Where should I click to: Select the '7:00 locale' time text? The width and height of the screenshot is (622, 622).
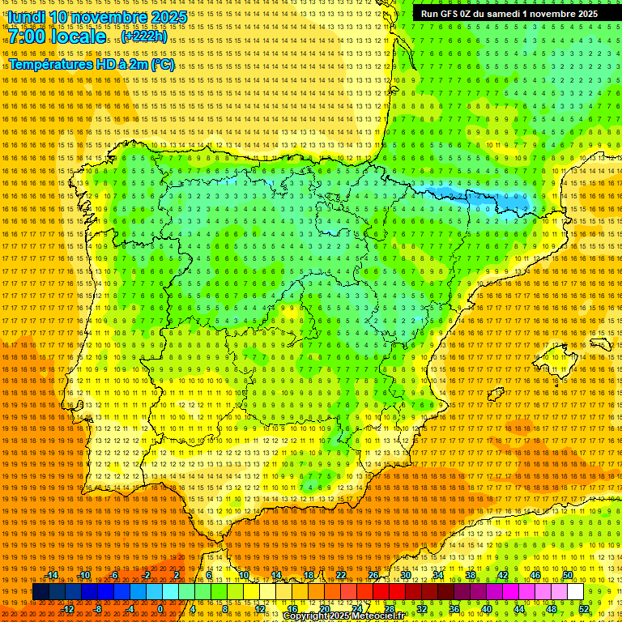(x=58, y=37)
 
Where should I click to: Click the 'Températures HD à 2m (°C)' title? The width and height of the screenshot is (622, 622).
(x=91, y=64)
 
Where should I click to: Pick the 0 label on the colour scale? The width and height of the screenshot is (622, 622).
(x=161, y=609)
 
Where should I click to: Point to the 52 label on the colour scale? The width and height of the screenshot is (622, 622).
(x=584, y=609)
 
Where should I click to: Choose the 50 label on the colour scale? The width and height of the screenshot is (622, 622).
(x=568, y=575)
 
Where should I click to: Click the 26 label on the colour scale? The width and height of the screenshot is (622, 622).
(x=373, y=575)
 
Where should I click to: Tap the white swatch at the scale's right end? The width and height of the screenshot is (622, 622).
(x=576, y=592)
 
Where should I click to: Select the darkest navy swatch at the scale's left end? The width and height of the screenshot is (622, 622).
(x=40, y=592)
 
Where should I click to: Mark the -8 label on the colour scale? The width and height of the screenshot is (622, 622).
(x=98, y=609)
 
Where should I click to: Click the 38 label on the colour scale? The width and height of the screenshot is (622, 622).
(x=471, y=575)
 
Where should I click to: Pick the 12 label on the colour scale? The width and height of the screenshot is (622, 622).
(x=259, y=609)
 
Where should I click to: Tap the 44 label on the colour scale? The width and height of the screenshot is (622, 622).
(x=519, y=609)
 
